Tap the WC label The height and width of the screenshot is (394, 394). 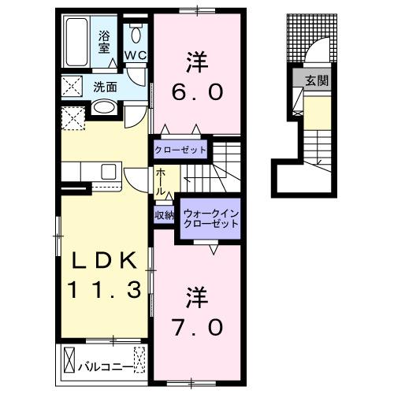(x=135, y=55)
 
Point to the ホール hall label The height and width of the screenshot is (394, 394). (x=160, y=181)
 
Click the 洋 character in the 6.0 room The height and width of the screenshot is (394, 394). (x=195, y=59)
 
